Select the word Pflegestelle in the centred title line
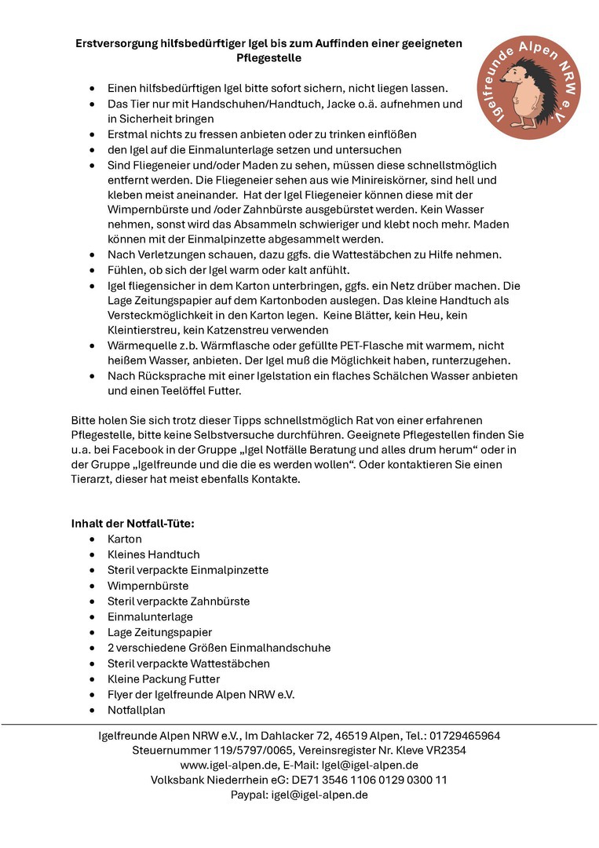(268, 58)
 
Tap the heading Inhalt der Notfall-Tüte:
(133, 524)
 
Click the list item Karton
(125, 539)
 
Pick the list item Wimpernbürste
(148, 586)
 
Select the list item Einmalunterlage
(150, 617)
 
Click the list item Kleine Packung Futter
(163, 679)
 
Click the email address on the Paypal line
(320, 795)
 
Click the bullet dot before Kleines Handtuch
(93, 555)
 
